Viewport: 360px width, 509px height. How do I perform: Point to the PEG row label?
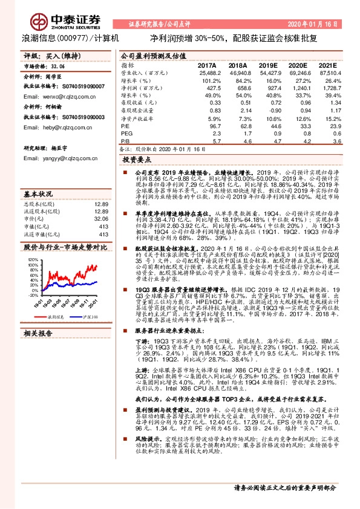pyautogui.click(x=126, y=132)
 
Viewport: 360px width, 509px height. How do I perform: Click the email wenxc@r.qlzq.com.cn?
pyautogui.click(x=54, y=97)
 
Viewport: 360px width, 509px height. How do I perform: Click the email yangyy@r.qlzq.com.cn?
pyautogui.click(x=54, y=158)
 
